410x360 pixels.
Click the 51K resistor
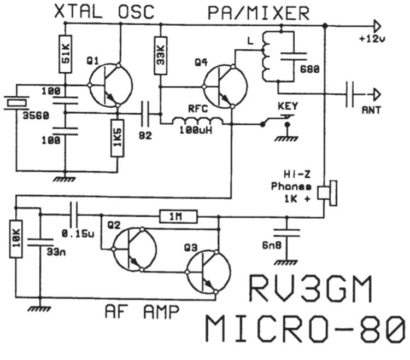point(66,54)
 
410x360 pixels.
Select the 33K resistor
point(161,55)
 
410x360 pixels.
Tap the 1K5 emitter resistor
point(117,138)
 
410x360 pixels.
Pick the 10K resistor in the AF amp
point(16,239)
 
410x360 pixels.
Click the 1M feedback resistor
point(179,217)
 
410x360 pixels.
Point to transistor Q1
point(110,85)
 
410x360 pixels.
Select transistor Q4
point(225,86)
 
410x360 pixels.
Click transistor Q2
point(135,249)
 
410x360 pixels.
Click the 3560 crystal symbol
point(16,102)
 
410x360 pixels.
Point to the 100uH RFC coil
point(197,121)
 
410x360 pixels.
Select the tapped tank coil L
point(267,56)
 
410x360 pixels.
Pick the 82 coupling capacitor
point(145,114)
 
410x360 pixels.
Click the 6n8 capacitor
point(286,233)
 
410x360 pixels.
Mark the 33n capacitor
point(40,242)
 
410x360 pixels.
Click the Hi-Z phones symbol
point(327,193)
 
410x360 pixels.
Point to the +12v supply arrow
point(378,26)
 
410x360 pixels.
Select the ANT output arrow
point(377,95)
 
